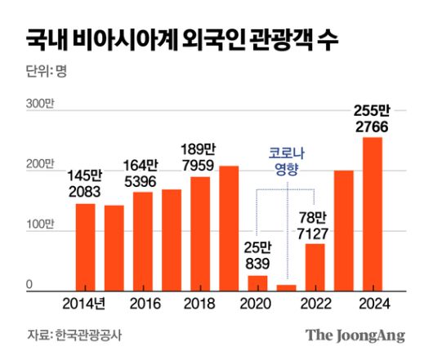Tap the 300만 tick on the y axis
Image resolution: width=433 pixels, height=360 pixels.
tap(40, 104)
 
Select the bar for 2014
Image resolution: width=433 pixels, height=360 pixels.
tap(85, 247)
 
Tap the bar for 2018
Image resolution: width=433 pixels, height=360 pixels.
tap(200, 233)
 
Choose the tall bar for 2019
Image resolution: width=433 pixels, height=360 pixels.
tap(229, 228)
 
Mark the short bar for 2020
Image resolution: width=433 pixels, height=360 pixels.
tap(257, 282)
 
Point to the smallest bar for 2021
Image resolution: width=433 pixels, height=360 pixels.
tap(286, 287)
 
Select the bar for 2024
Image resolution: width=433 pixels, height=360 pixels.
tap(372, 213)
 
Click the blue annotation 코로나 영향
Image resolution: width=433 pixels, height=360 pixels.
tap(287, 160)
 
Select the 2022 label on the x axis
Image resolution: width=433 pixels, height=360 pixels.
tap(315, 304)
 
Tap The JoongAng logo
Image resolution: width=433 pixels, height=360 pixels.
tap(355, 335)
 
